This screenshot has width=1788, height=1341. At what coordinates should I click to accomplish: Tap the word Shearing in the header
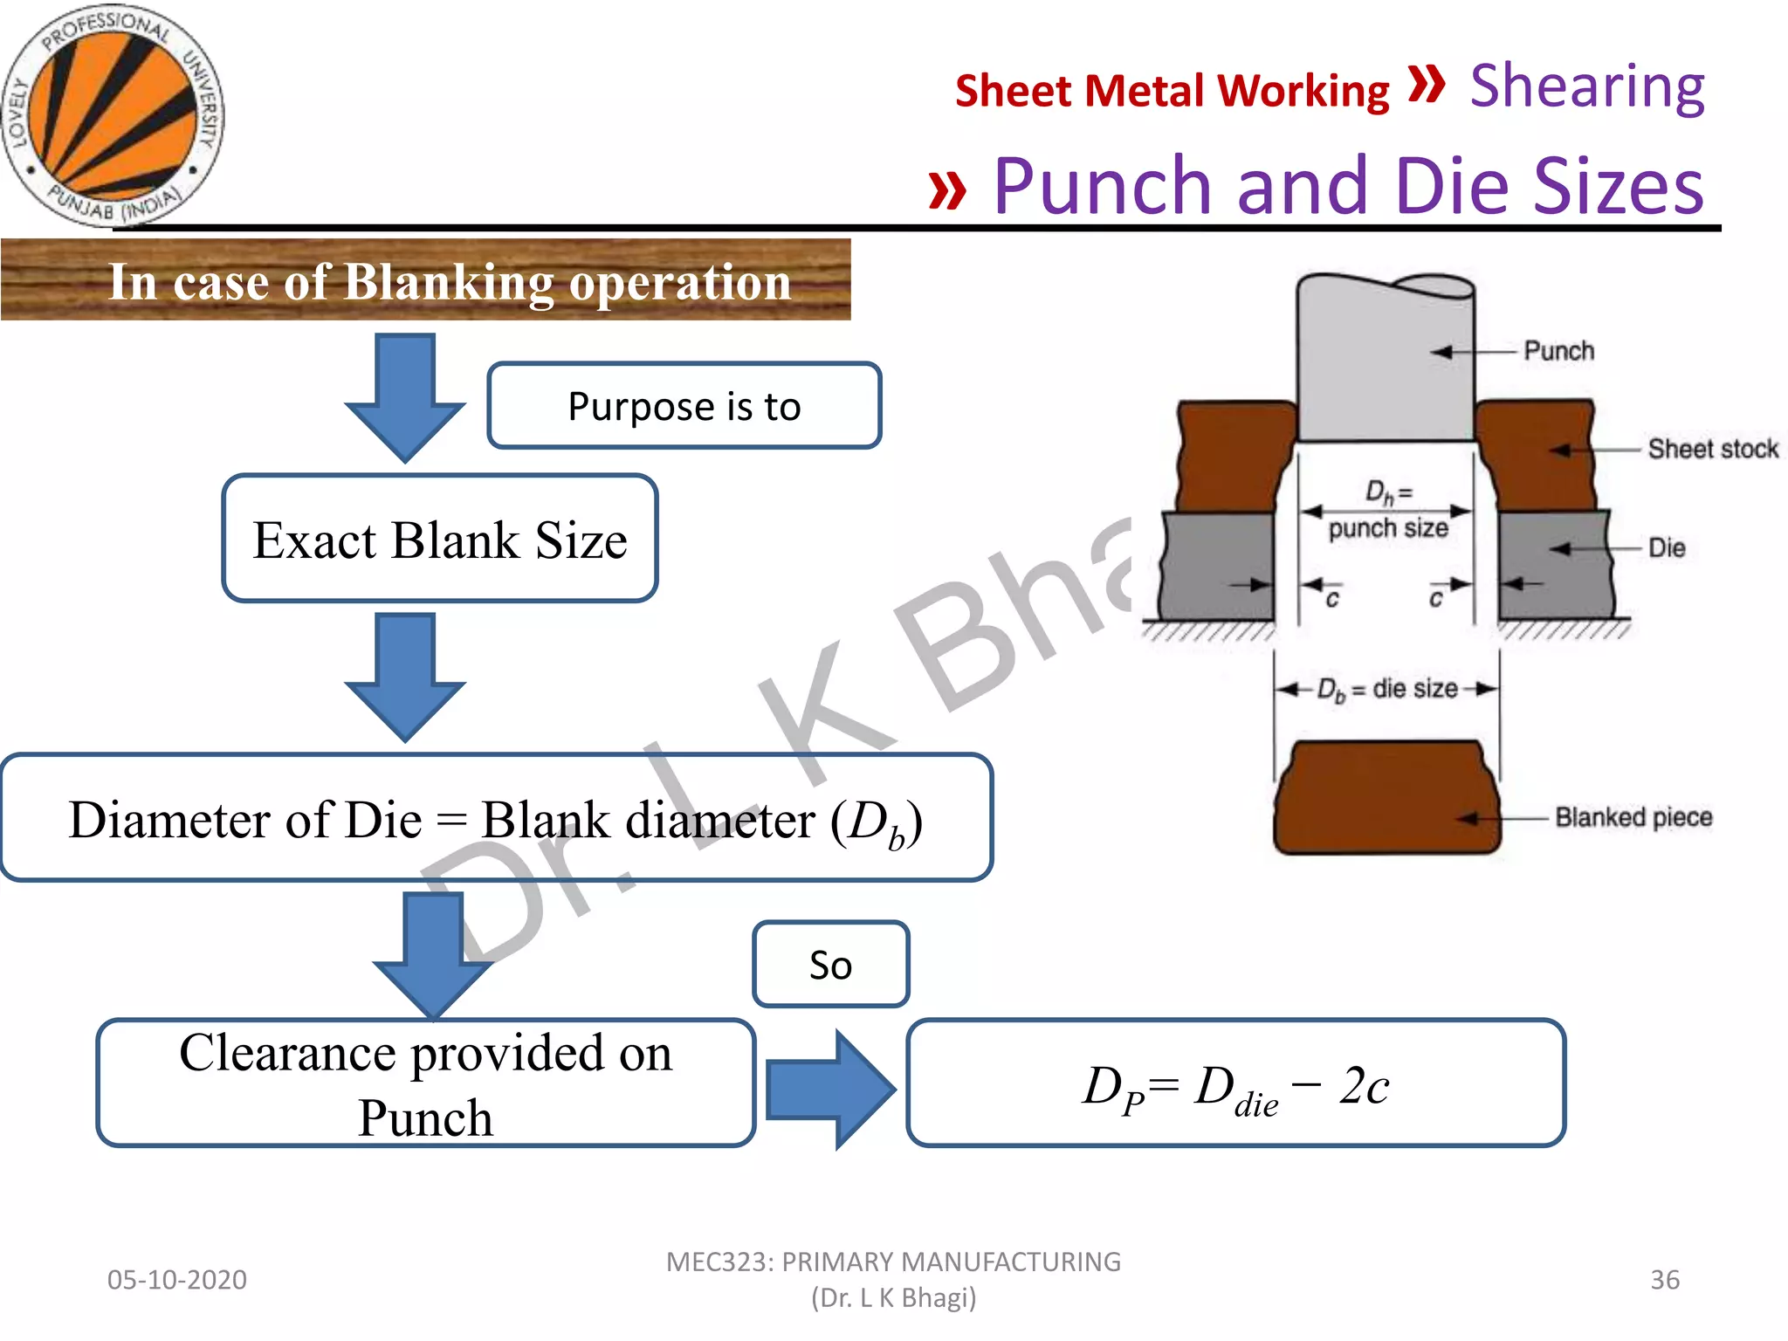click(x=1586, y=86)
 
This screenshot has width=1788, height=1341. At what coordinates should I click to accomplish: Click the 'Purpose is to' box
click(x=684, y=406)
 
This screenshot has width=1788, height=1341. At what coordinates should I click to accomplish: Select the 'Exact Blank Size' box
click(x=439, y=540)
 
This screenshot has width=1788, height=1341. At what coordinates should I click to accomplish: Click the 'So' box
click(x=830, y=965)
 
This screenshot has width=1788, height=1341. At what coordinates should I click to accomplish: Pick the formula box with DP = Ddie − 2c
click(x=1235, y=1083)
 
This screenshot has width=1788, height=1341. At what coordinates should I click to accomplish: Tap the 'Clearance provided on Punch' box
click(x=425, y=1083)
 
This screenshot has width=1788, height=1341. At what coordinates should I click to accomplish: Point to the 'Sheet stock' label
click(x=1712, y=449)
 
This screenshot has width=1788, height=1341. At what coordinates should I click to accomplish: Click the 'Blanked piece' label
click(x=1633, y=817)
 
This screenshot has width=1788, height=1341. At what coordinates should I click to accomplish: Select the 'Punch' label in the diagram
click(x=1558, y=351)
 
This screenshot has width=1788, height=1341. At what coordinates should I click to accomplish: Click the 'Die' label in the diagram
click(x=1666, y=548)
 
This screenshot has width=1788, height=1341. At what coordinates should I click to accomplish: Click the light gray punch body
click(x=1384, y=367)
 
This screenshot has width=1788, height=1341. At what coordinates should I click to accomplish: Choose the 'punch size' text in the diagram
click(x=1387, y=528)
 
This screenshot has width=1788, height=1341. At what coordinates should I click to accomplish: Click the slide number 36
click(x=1664, y=1280)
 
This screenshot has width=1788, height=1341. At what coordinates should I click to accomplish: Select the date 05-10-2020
click(x=177, y=1280)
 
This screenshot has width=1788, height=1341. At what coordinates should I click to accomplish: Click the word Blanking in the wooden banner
click(x=450, y=283)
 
